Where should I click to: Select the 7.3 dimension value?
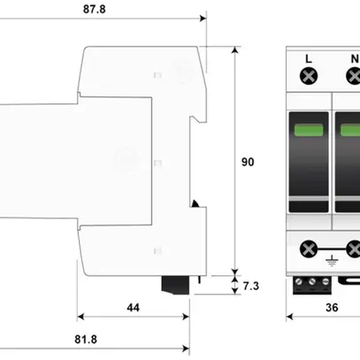[x=250, y=285]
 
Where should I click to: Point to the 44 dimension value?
[x=133, y=307]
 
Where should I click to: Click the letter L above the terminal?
[x=308, y=60]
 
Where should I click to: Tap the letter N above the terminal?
[x=354, y=60]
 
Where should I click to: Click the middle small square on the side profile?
[x=157, y=163]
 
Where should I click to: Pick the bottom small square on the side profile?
[x=157, y=251]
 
